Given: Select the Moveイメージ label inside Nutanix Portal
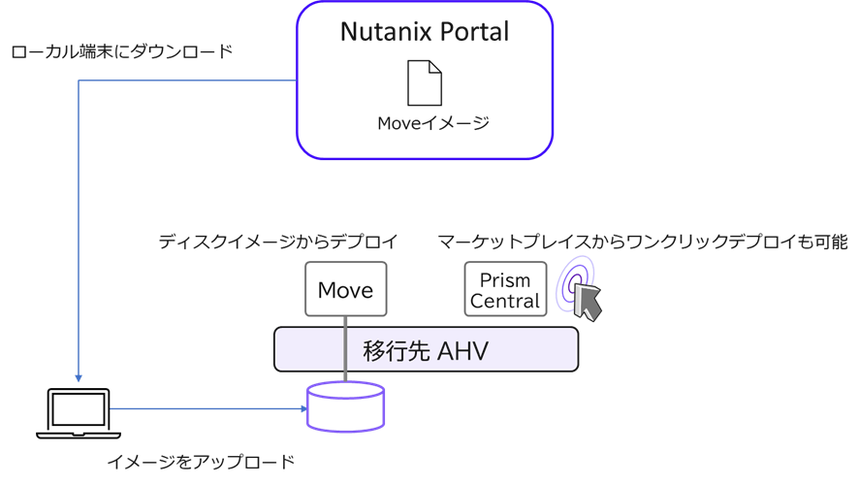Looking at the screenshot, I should click(432, 124).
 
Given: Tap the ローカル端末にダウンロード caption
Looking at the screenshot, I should click(121, 52).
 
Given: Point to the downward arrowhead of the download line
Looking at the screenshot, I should click(79, 377).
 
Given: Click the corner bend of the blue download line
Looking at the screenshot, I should click(79, 81).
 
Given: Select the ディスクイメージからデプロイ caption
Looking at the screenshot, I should click(278, 242).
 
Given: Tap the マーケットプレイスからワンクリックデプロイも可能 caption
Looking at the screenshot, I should click(642, 242).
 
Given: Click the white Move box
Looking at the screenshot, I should click(345, 289).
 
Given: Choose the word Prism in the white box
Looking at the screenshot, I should click(504, 280).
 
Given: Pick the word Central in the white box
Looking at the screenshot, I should click(504, 301).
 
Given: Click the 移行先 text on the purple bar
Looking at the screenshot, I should click(396, 350).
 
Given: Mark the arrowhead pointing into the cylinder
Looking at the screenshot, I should click(302, 408).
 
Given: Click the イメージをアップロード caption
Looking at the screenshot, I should click(200, 461).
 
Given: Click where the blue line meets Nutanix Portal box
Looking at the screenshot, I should click(296, 81).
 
